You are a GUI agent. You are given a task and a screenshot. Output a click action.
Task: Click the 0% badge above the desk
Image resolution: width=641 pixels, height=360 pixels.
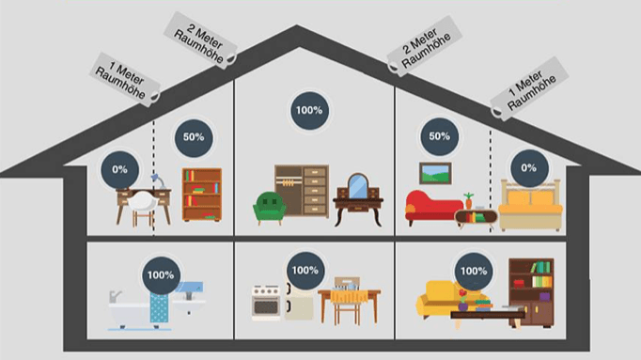119,169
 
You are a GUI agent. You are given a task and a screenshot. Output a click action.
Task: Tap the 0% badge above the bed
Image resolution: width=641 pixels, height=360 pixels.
529,168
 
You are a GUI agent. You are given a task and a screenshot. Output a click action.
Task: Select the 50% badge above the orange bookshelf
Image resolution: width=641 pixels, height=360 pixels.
194,138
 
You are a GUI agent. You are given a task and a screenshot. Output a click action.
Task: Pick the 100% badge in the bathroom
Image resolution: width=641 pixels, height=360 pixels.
161,275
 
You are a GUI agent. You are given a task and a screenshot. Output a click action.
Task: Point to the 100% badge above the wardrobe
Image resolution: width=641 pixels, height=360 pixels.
309,110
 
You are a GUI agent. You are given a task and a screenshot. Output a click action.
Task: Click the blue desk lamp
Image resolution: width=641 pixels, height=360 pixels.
159,181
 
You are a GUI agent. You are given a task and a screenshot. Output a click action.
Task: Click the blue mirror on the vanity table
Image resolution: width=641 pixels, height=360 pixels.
358,186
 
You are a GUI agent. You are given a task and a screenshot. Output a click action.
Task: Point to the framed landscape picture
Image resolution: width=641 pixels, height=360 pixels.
435,173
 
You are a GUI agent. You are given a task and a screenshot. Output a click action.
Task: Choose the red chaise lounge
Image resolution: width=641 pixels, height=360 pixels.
433,208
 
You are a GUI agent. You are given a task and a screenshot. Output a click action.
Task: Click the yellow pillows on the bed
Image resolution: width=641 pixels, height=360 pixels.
530,198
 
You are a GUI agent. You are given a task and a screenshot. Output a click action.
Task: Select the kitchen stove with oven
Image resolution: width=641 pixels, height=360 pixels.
266,303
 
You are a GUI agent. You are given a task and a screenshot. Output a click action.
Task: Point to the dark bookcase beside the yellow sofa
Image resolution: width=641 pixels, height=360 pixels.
531,292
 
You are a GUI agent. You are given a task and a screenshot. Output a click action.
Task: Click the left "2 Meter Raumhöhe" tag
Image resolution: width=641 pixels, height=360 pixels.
200,40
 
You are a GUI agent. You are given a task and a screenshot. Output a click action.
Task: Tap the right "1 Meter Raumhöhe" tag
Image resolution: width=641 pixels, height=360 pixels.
530,88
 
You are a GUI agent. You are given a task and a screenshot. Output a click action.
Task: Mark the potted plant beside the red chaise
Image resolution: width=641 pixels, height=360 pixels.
468,201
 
